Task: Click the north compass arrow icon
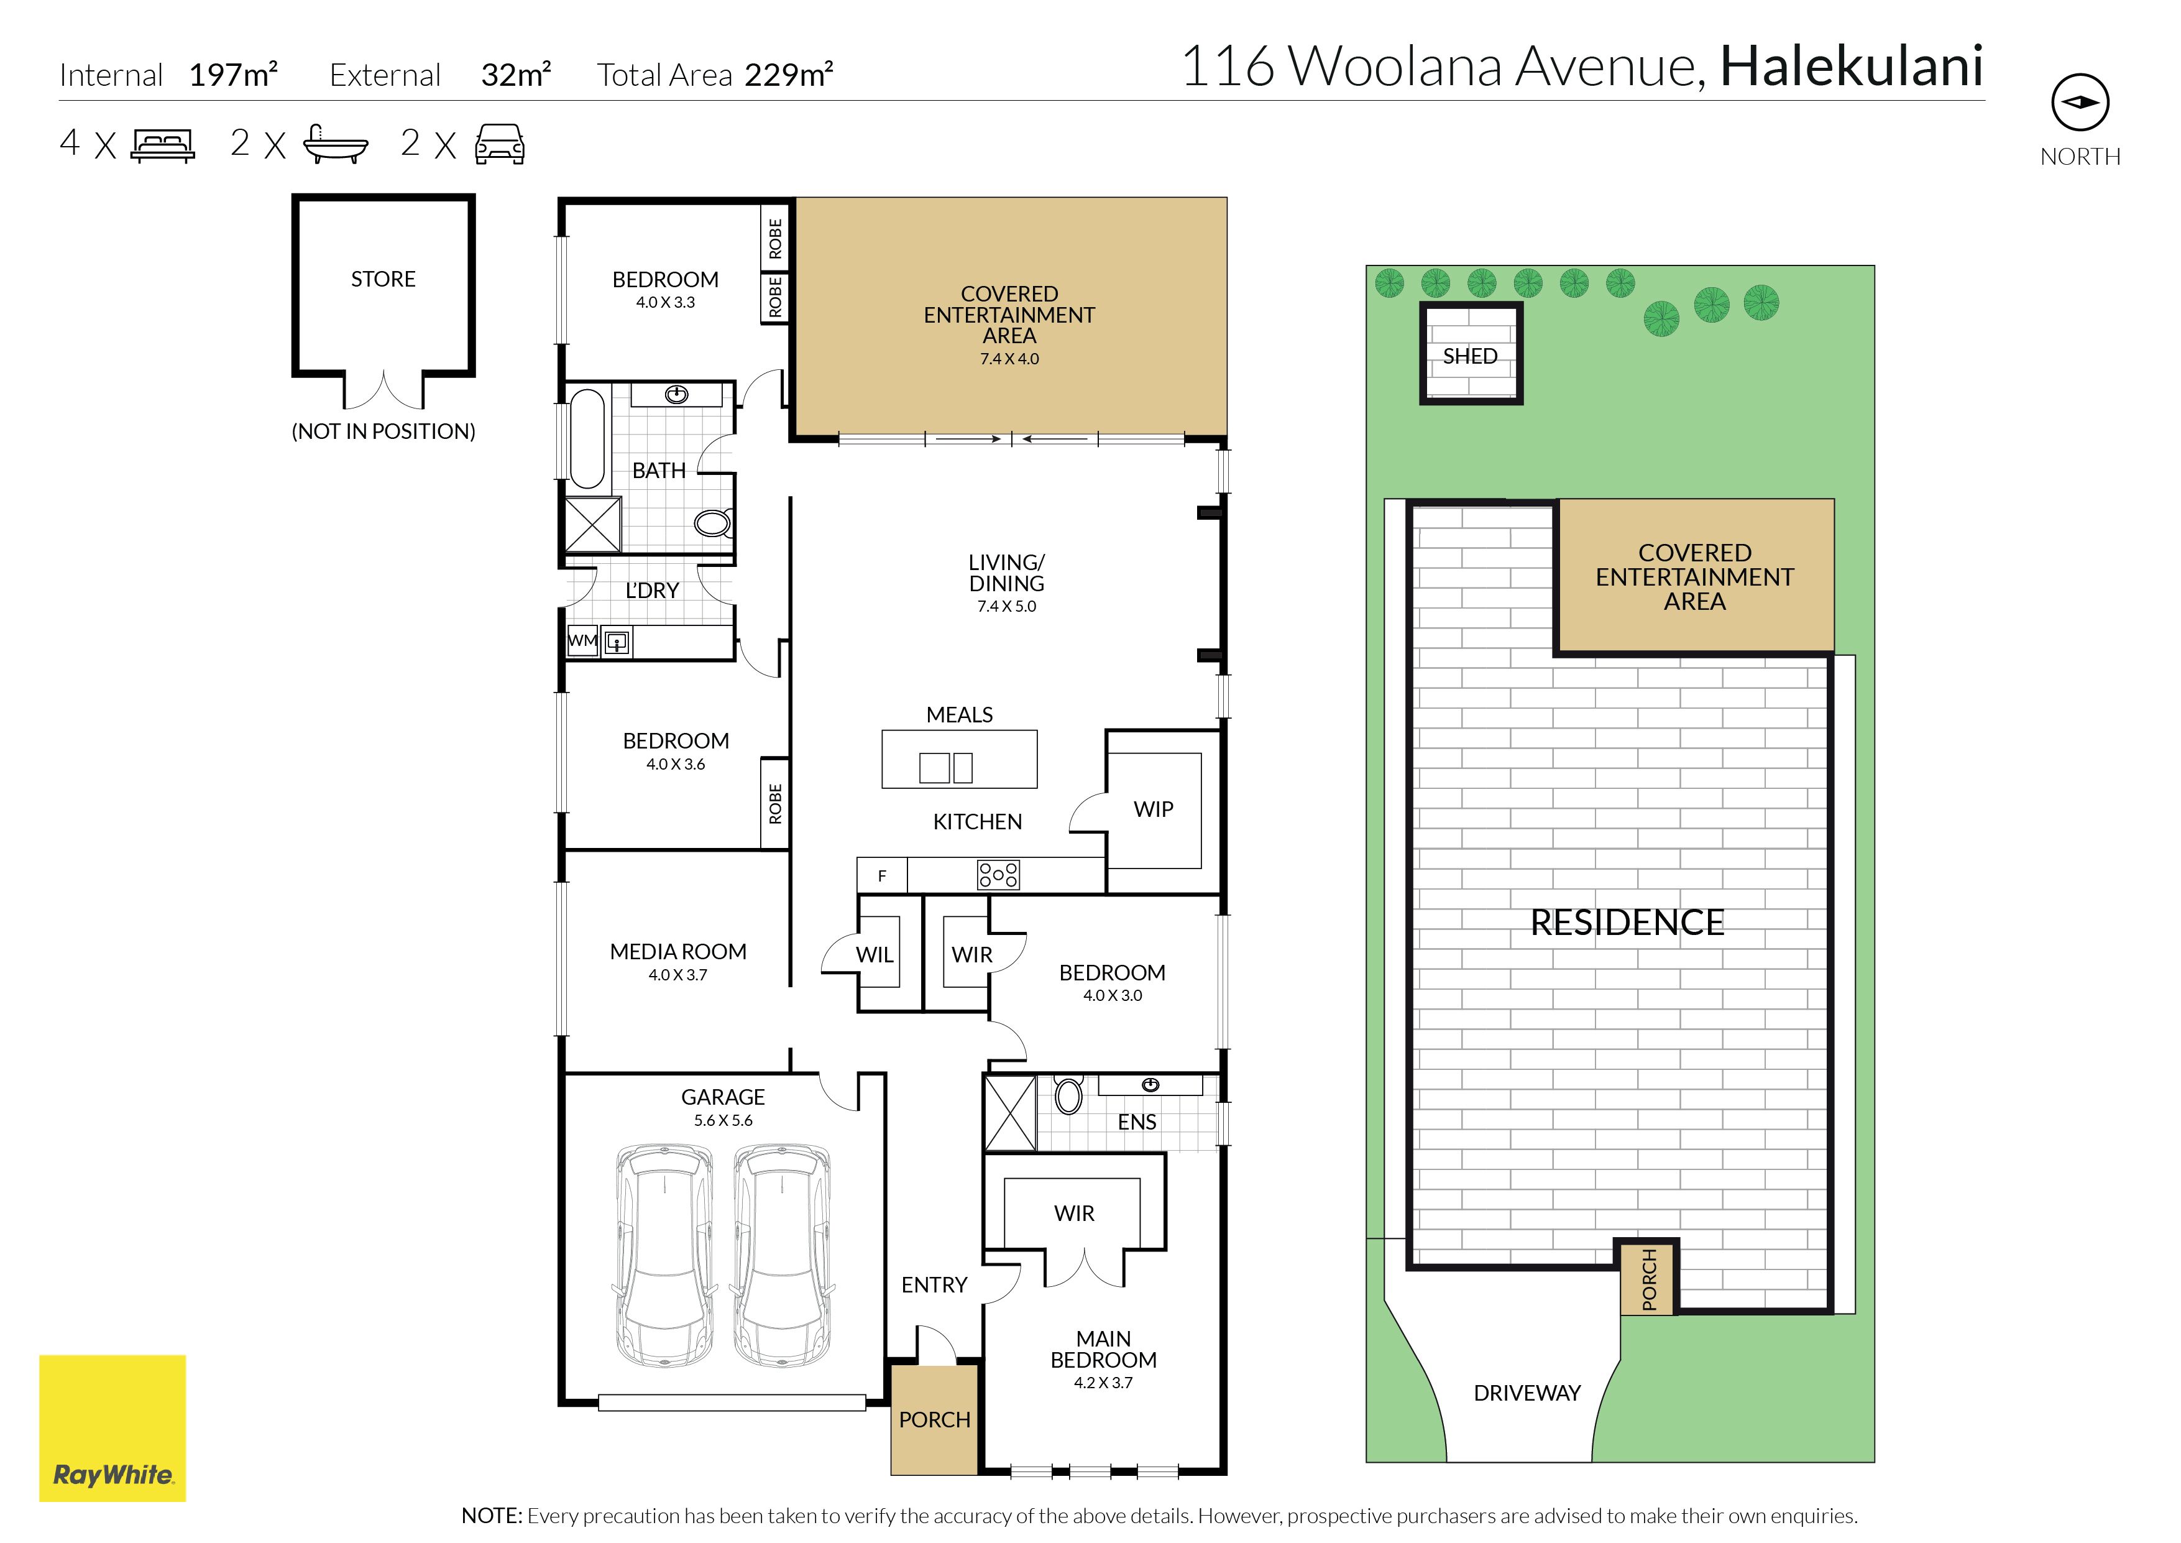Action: tap(2080, 103)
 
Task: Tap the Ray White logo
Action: tap(112, 1428)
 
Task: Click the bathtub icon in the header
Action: tap(335, 144)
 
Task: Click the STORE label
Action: tap(383, 279)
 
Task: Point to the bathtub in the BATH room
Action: tap(587, 438)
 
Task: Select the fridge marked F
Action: tap(883, 876)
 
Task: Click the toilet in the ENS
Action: tap(1068, 1095)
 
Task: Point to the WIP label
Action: tap(1153, 809)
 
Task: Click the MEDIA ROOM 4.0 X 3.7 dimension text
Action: tap(678, 975)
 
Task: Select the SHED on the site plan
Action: tap(1471, 354)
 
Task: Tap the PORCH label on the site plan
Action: tap(1649, 1280)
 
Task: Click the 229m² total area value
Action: tap(788, 74)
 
